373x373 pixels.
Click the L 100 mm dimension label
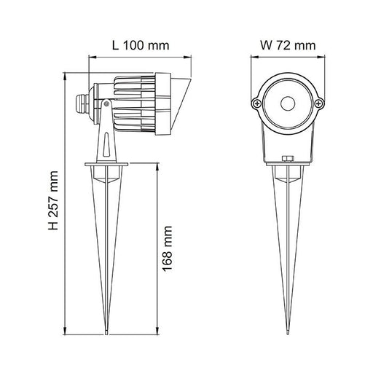(x=141, y=45)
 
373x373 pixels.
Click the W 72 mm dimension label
(x=288, y=45)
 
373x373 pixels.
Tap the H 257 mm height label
(x=53, y=200)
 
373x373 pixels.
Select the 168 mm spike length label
(x=167, y=248)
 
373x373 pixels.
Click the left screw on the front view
(x=256, y=104)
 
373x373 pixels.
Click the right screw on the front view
(x=319, y=104)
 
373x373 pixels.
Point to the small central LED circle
(x=288, y=103)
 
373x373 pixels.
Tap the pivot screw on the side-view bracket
(x=106, y=104)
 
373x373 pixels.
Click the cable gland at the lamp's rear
(x=82, y=104)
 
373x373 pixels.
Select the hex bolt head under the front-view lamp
(x=288, y=159)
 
